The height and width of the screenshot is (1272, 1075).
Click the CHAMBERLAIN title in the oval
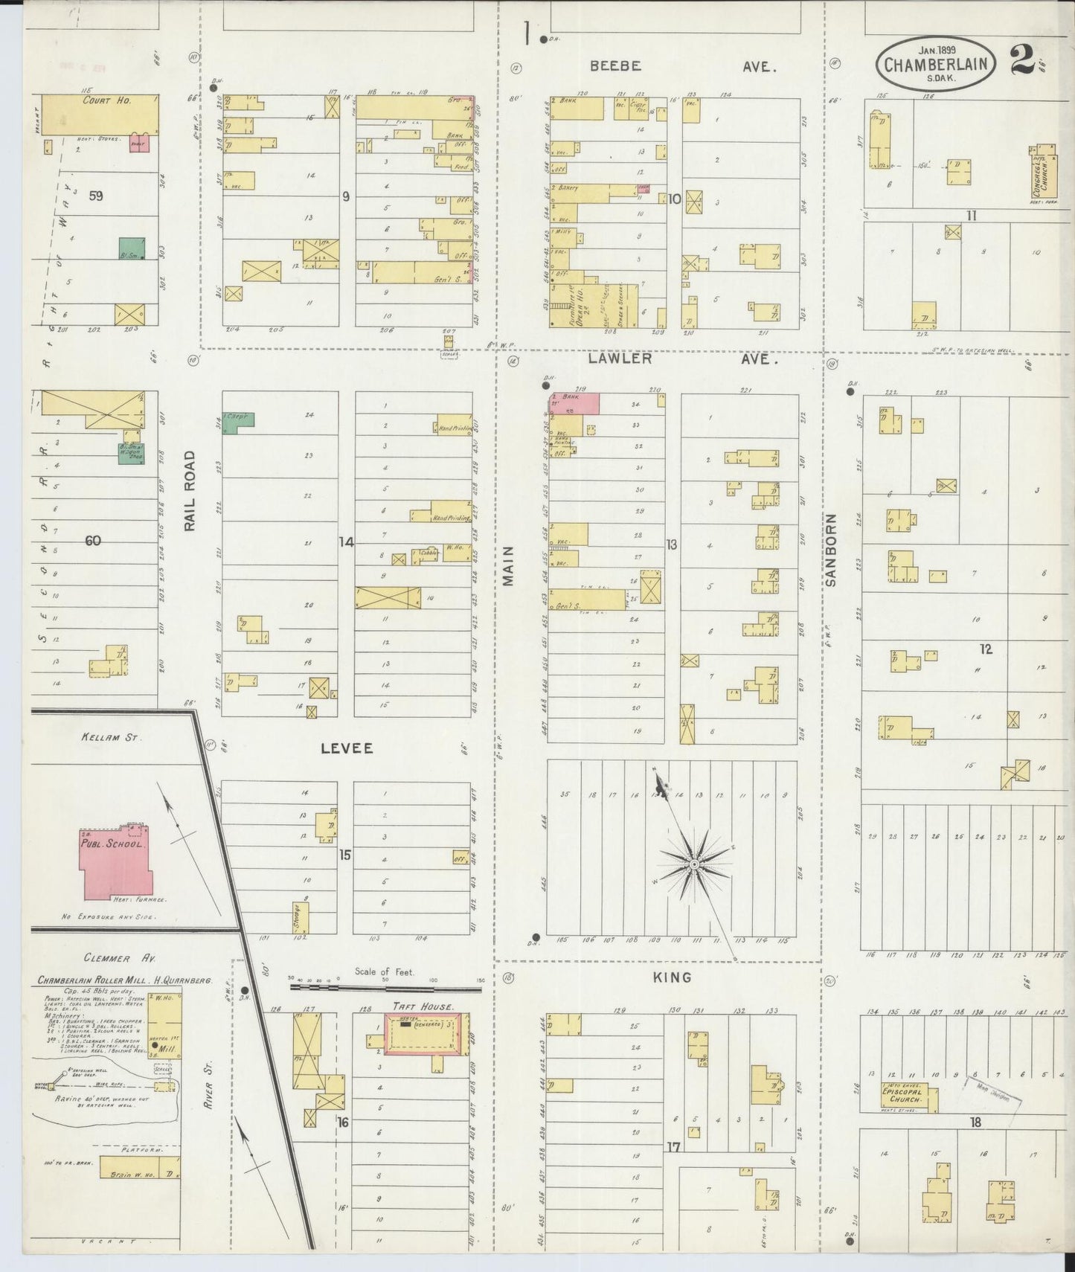936,63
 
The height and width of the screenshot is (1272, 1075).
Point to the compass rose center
693,864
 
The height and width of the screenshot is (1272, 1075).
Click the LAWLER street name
620,359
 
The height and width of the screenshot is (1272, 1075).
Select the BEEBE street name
615,65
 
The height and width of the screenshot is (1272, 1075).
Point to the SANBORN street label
831,550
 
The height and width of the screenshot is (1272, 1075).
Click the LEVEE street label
347,748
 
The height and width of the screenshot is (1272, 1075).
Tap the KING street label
673,977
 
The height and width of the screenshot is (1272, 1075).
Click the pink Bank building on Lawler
575,403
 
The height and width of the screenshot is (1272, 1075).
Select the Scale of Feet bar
385,988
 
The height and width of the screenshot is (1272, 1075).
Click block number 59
95,196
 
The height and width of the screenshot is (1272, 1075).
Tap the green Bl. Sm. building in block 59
132,249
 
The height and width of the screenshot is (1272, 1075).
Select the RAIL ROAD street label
190,491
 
